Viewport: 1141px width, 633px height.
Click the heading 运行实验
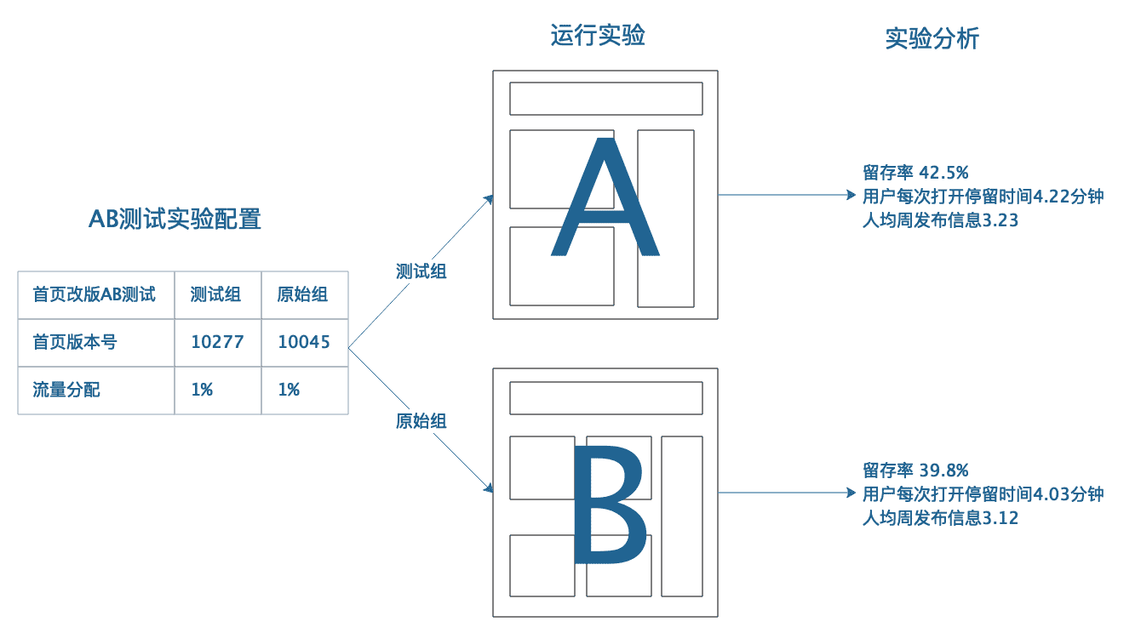(598, 36)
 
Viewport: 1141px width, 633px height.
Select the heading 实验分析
(932, 39)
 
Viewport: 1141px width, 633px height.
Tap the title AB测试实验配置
(175, 220)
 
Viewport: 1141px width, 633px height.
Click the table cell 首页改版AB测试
(95, 294)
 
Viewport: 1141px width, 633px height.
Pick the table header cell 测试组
(215, 294)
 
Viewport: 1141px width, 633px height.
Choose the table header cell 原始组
(302, 294)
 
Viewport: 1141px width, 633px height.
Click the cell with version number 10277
(217, 342)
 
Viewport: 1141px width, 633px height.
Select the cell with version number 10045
(304, 342)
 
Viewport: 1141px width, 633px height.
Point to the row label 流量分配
(66, 390)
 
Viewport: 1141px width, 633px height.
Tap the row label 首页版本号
(75, 342)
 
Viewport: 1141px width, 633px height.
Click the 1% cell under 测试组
(202, 390)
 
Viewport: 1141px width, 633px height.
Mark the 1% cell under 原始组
(289, 390)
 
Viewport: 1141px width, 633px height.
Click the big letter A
(605, 201)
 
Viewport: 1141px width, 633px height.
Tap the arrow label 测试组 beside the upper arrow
(421, 271)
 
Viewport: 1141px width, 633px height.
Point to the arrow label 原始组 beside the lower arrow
(421, 420)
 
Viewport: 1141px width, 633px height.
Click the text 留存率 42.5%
(915, 173)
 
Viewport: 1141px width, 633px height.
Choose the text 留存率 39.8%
(915, 470)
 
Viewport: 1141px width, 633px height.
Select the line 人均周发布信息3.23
(940, 220)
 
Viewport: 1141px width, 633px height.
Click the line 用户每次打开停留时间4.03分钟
(983, 494)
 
